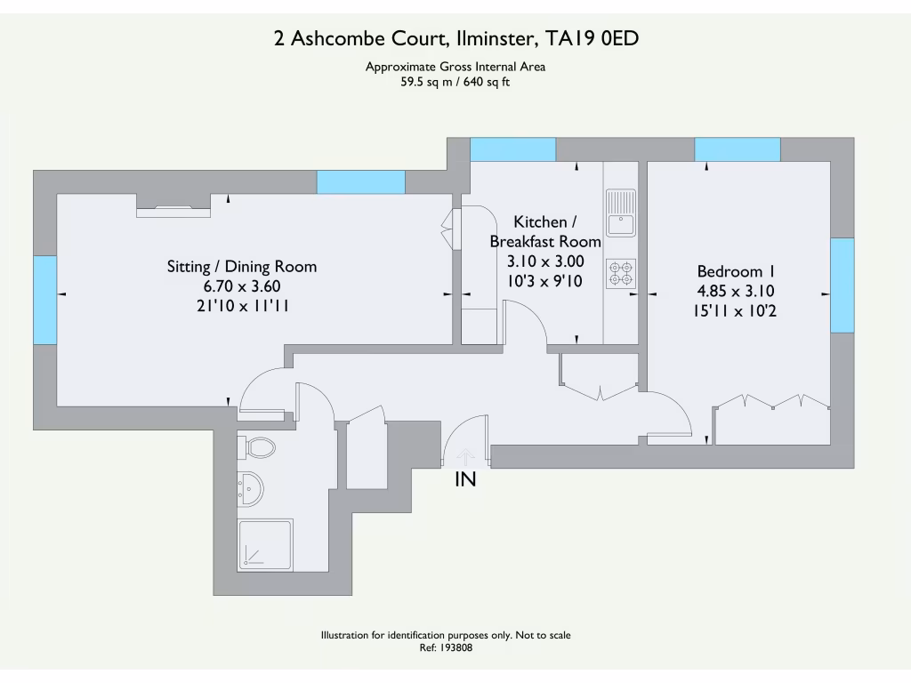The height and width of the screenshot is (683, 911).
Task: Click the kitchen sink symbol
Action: (620, 213)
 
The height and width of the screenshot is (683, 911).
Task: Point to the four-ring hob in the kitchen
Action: (620, 273)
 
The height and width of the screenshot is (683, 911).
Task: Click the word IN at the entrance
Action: (465, 480)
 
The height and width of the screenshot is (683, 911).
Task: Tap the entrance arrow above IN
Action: (464, 457)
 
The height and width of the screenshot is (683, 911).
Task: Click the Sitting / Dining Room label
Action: (242, 267)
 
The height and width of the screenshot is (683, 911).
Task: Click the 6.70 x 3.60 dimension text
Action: (242, 286)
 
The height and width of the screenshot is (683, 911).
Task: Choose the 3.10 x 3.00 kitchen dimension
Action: (545, 261)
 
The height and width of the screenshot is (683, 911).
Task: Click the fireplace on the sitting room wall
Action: (173, 210)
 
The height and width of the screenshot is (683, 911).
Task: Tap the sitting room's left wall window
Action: (44, 300)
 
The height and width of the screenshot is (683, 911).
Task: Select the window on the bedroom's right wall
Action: (842, 285)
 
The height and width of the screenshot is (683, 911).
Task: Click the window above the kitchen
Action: (512, 149)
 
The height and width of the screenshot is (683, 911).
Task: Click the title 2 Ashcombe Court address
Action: (455, 38)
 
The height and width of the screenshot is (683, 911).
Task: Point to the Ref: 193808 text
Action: (446, 648)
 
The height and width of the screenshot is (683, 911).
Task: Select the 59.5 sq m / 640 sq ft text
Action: (455, 82)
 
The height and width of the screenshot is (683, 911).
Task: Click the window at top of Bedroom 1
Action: (738, 149)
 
